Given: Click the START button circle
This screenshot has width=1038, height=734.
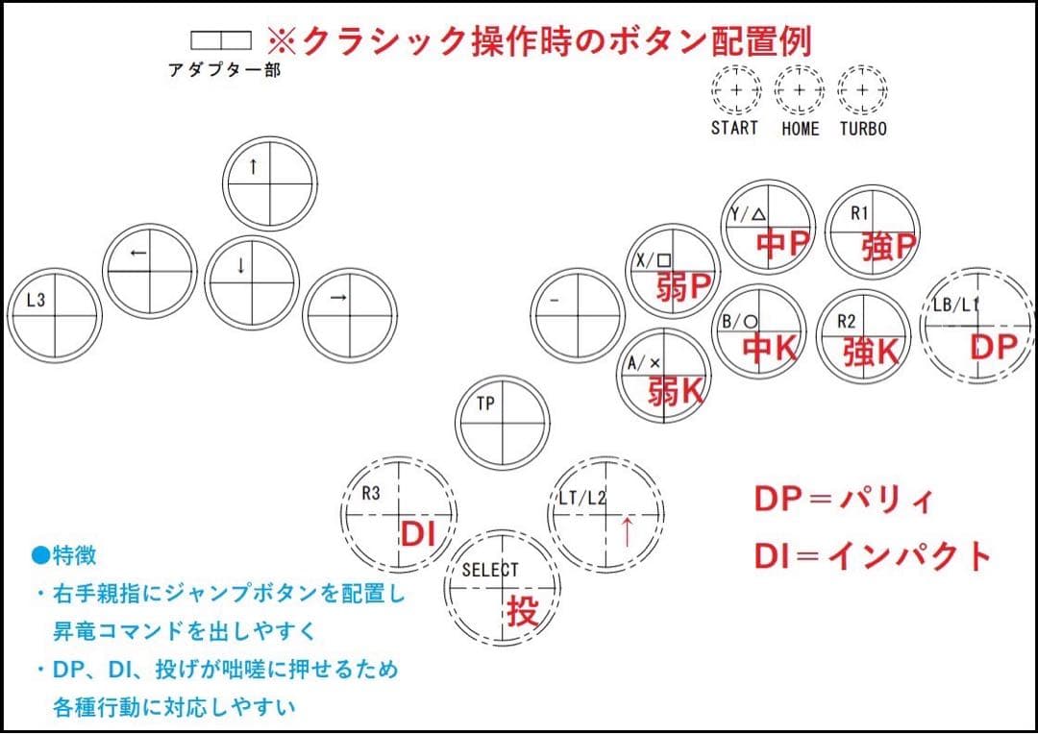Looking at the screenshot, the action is coord(736,90).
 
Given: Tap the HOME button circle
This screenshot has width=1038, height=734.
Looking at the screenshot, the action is coord(800,90).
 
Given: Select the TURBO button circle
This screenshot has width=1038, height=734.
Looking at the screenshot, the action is coord(862,90).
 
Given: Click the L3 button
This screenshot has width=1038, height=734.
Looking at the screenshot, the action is coord(55,316).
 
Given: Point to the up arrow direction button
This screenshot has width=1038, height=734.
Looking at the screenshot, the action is coord(269,183).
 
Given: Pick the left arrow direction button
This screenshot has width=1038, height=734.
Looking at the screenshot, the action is coord(150,271).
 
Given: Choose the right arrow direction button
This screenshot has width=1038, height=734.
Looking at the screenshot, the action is coord(350,316).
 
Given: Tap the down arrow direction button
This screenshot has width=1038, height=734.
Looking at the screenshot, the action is coord(252,283).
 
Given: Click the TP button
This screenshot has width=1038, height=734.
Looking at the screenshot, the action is coord(503,423).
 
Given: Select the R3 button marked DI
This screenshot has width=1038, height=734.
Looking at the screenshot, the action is coord(399,514).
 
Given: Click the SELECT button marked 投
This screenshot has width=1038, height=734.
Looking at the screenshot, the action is coord(503,588).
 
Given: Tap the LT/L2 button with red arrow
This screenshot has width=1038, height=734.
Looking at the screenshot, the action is coord(606,514).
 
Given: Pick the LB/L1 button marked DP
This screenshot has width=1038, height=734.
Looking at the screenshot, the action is coord(977,326).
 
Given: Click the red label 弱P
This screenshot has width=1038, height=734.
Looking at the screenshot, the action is coord(684,286).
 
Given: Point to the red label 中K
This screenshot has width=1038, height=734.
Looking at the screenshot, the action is coord(770,348).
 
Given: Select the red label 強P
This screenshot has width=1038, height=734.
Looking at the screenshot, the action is coord(889,246).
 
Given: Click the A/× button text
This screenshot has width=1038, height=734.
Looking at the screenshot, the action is coord(644,363).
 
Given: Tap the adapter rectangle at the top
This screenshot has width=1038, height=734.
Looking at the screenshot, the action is coord(221,40).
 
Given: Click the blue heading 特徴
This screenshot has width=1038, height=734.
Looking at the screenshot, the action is coord(64,554).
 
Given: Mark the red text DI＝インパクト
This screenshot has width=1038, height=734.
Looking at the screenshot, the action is coord(873,556).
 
